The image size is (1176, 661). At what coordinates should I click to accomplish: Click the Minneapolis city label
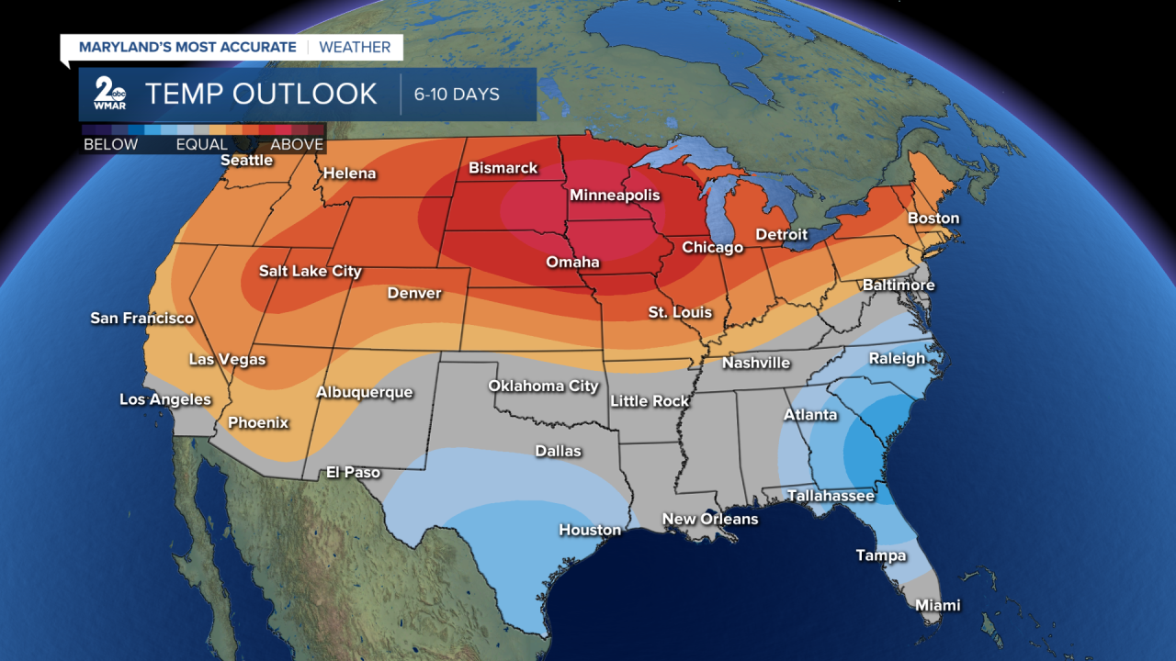click(615, 196)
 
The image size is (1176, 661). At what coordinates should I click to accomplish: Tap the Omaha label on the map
click(572, 262)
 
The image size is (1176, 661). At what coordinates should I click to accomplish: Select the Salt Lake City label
click(310, 271)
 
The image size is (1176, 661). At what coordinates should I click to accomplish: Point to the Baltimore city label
click(898, 285)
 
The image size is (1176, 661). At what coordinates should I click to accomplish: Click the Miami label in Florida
click(937, 605)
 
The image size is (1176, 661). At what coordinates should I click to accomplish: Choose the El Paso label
click(353, 472)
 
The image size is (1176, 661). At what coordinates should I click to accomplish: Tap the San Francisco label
click(141, 318)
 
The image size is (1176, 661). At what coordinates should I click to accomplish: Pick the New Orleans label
click(710, 519)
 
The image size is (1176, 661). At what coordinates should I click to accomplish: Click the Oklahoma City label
click(543, 386)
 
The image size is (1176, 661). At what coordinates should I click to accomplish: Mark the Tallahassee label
click(831, 496)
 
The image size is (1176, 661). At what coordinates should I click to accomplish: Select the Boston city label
click(933, 218)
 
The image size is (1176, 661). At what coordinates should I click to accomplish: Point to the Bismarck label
click(503, 168)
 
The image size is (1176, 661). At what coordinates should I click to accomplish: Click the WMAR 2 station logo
click(110, 94)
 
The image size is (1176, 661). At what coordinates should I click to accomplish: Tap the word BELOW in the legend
click(110, 144)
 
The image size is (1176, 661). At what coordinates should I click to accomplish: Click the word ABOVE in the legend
click(297, 144)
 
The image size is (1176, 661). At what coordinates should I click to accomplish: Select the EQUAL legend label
click(202, 144)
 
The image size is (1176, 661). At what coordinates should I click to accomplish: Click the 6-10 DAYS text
click(457, 95)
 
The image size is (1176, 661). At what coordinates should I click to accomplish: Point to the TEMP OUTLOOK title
click(261, 94)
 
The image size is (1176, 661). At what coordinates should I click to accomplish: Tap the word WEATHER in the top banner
click(356, 47)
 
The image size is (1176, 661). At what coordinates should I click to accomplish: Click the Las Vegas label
click(227, 359)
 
